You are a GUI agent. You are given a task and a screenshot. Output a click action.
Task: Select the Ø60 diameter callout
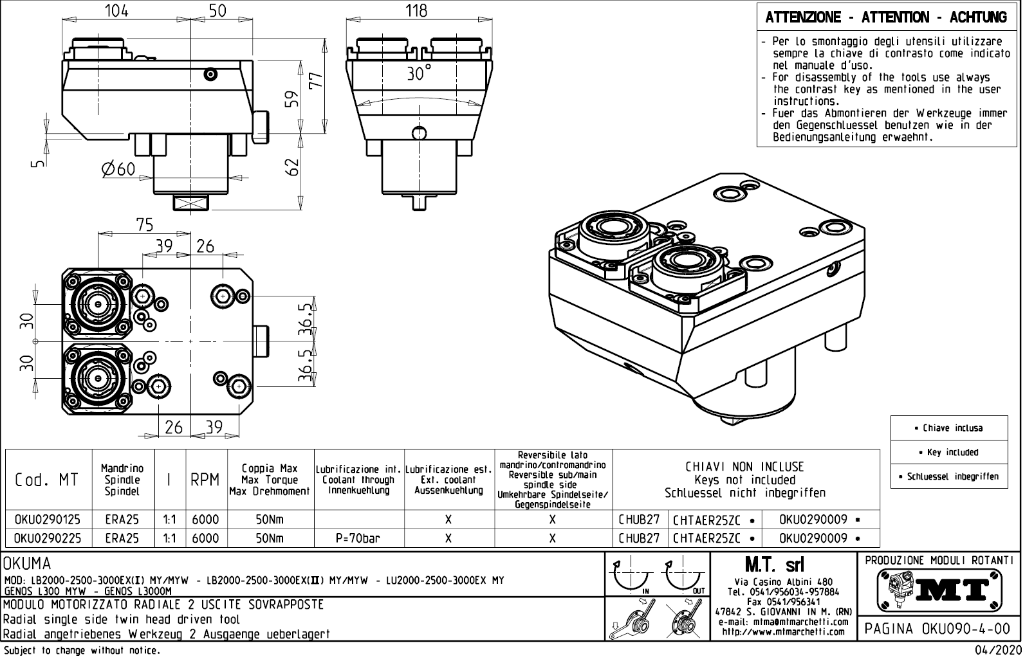(118, 169)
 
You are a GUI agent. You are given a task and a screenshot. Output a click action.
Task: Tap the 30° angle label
(419, 73)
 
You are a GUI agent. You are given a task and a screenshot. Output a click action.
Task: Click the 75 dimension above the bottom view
(145, 224)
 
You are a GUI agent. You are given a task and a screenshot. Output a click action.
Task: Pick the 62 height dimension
(293, 168)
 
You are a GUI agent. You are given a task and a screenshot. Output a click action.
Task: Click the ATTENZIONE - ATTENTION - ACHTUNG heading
(886, 17)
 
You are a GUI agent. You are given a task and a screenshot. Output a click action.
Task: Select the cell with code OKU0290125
(48, 520)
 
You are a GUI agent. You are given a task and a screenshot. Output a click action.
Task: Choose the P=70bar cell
(358, 538)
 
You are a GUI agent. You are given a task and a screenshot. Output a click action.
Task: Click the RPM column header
(205, 480)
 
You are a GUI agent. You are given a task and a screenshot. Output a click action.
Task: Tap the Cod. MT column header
(46, 480)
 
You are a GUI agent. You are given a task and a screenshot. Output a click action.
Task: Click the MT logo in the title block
(939, 589)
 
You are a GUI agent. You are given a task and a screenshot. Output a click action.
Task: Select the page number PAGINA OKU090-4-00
(939, 628)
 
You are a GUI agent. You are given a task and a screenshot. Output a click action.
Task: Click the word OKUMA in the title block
(27, 565)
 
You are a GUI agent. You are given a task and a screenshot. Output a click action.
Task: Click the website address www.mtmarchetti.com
(783, 631)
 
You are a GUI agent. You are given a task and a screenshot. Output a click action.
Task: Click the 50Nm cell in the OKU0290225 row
(269, 538)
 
